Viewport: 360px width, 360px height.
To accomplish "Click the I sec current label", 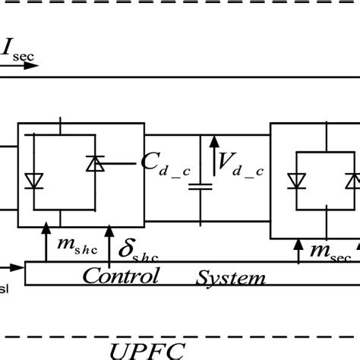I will click(18, 51).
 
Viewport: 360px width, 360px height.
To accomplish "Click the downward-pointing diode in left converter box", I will click(33, 180).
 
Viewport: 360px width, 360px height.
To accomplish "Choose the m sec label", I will click(330, 248).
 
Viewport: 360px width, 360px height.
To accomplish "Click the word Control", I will click(121, 274).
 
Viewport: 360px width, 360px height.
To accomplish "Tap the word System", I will click(232, 277).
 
